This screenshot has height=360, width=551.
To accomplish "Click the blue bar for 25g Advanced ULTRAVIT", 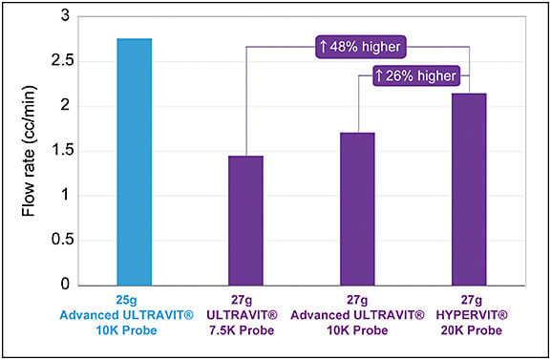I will pos(134,162).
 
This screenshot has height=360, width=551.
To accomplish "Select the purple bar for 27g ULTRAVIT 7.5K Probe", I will pos(245,221).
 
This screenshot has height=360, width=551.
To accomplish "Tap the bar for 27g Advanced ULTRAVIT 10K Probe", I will pos(357,209).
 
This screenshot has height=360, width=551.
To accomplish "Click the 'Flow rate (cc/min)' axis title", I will pos(29,151).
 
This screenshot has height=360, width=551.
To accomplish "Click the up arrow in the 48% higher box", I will pos(324,45).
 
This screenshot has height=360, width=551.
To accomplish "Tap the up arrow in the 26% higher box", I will pos(381,74).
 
